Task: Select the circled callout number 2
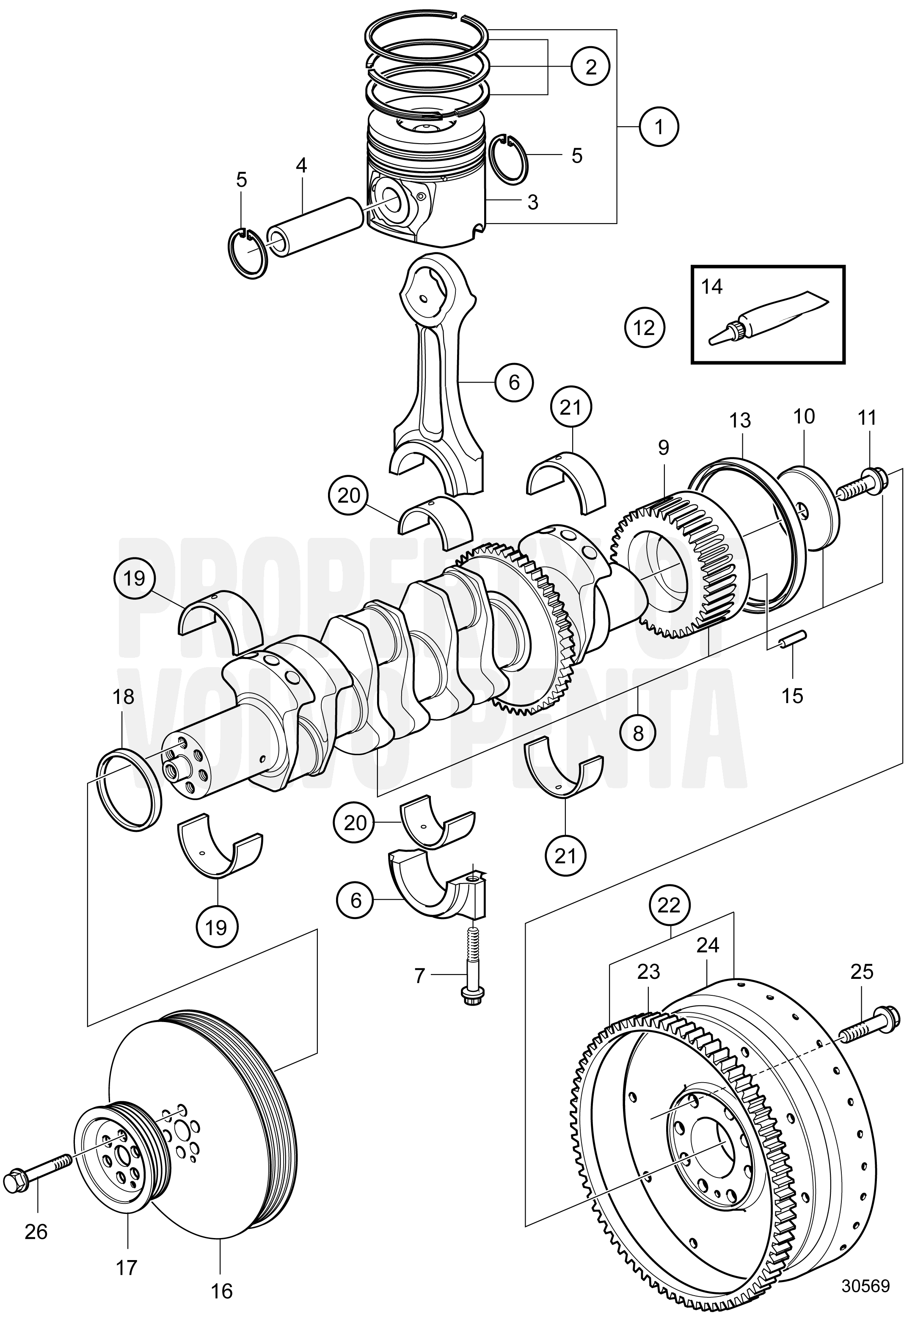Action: click(590, 67)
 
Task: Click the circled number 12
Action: click(645, 328)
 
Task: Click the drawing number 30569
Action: click(865, 1287)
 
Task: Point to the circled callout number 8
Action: click(639, 733)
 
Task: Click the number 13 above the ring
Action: click(740, 421)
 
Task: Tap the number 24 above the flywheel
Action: click(708, 945)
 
